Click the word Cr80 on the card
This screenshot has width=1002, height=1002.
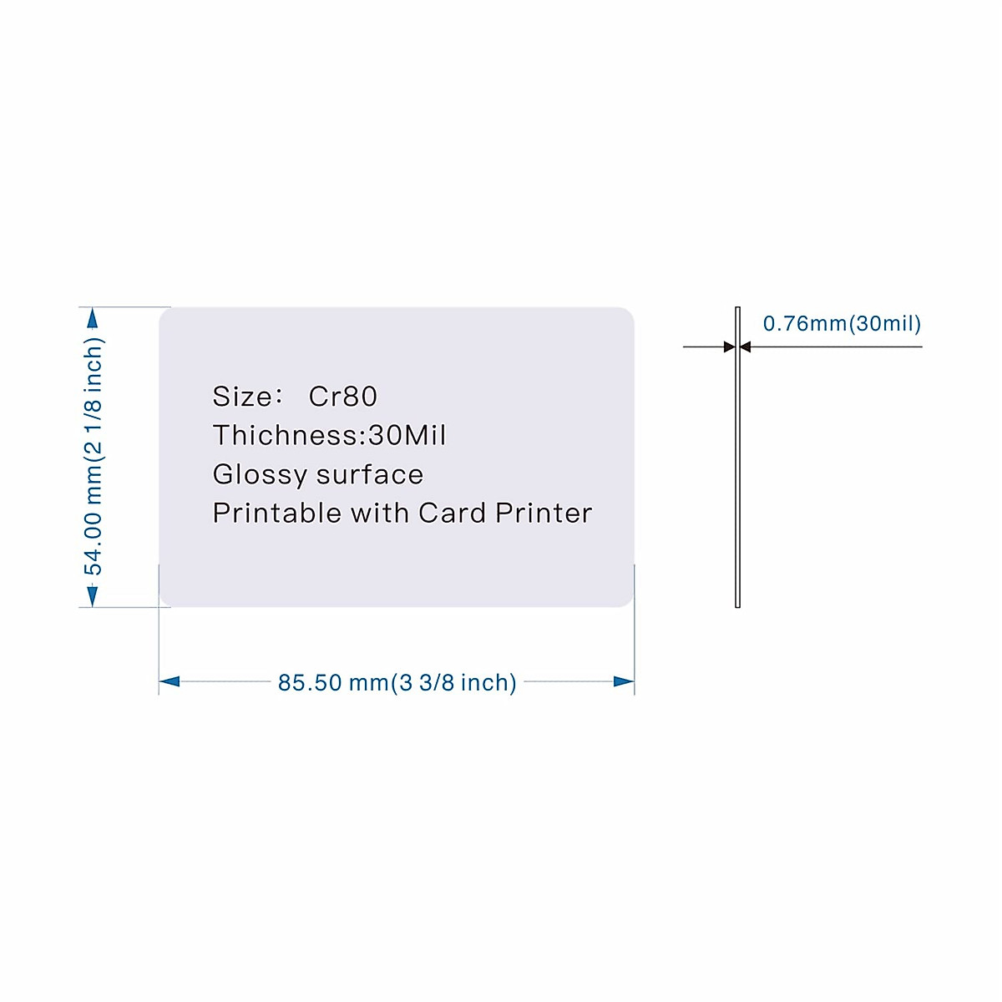[342, 397]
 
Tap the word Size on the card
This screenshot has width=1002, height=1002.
[242, 397]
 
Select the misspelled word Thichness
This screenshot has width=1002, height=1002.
[285, 435]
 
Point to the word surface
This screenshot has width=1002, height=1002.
[370, 475]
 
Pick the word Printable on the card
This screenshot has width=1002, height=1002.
[277, 513]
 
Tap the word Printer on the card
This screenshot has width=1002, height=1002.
[544, 513]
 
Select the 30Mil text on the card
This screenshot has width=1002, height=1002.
[407, 435]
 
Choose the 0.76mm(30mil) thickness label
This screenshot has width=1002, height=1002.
[842, 324]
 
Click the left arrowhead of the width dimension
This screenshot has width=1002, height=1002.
[170, 681]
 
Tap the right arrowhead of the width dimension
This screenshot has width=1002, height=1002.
[624, 681]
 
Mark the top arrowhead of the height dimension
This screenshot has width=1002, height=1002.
[93, 319]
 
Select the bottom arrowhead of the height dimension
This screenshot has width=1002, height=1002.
[93, 595]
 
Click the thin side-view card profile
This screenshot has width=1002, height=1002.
[737, 468]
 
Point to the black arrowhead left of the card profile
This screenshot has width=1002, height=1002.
[729, 347]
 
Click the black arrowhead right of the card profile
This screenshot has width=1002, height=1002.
[746, 347]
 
